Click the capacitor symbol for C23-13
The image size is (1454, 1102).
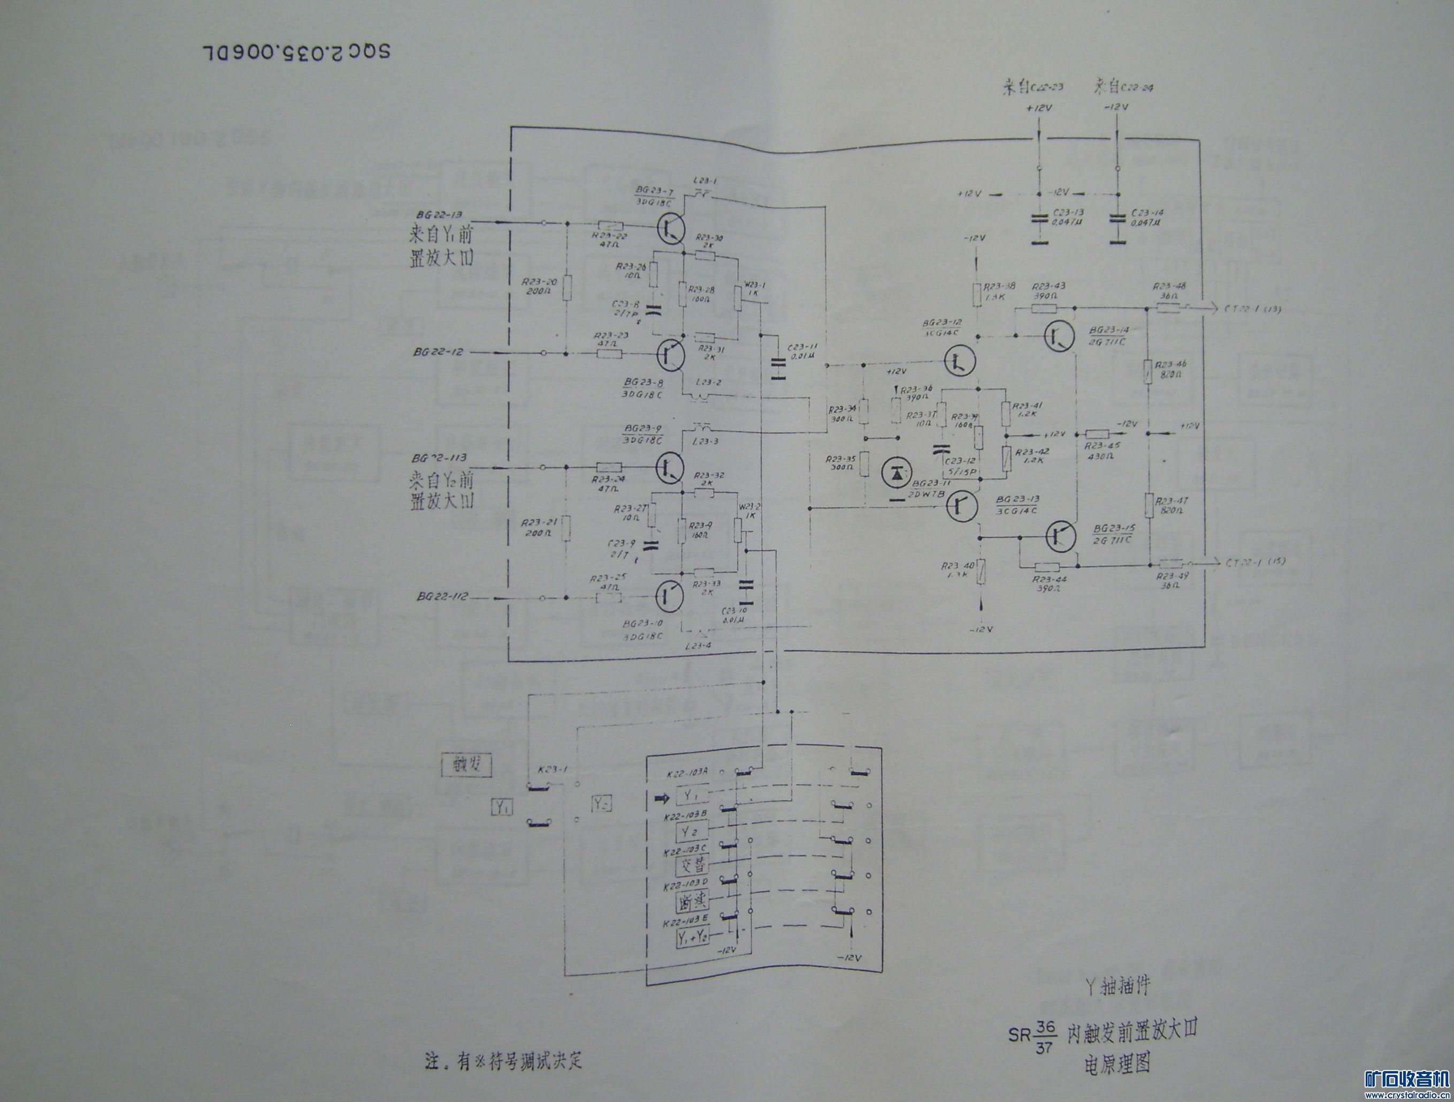click(x=1038, y=219)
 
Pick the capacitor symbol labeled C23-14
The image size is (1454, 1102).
click(x=1117, y=219)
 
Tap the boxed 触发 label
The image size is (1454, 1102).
click(x=465, y=764)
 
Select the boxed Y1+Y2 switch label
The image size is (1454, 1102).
click(x=693, y=938)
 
